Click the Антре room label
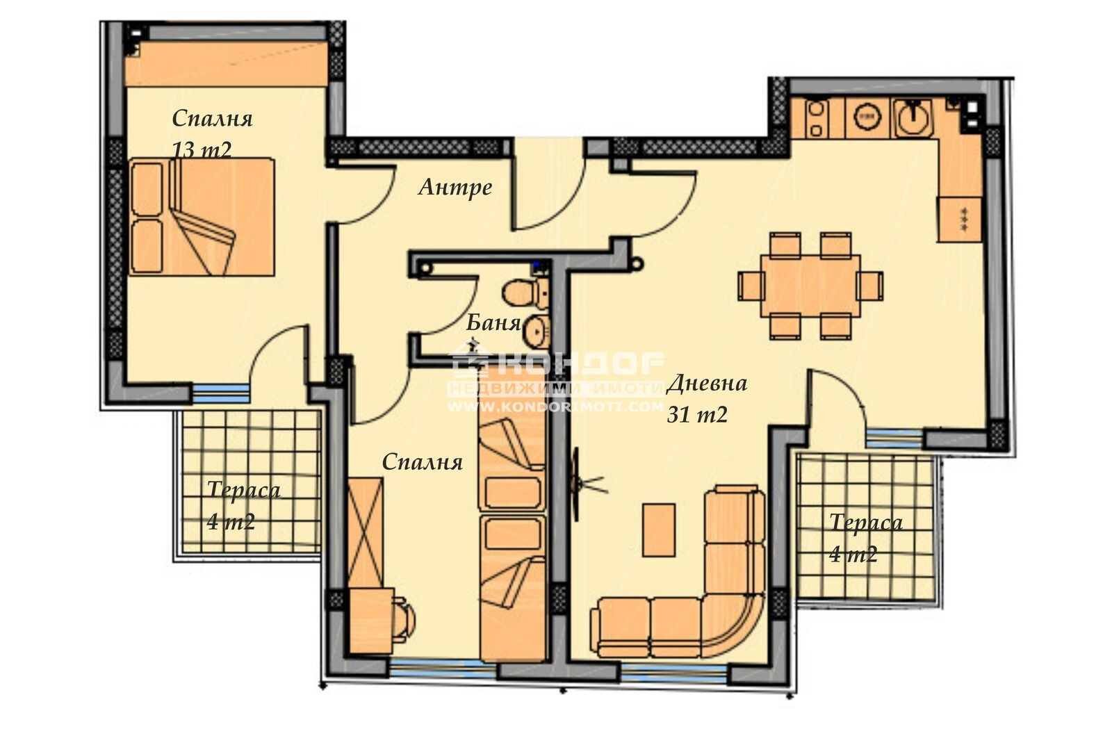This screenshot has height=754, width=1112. click(x=455, y=187)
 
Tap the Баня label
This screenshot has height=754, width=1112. click(x=493, y=322)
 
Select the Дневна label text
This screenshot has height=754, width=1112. click(x=707, y=384)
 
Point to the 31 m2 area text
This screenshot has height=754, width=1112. click(x=697, y=415)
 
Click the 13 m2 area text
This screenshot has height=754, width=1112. click(x=202, y=149)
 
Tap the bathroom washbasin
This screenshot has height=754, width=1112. click(x=536, y=332)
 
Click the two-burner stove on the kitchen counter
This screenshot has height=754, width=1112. click(x=816, y=119)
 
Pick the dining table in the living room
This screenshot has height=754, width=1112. click(x=810, y=286)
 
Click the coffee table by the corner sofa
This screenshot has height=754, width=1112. click(x=658, y=530)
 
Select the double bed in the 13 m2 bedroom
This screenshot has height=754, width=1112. click(x=202, y=216)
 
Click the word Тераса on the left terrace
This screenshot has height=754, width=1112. click(x=243, y=490)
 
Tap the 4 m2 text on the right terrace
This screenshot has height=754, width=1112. click(x=853, y=554)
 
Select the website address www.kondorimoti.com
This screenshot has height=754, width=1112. click(x=556, y=407)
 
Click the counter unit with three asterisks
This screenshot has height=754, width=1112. click(x=960, y=219)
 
